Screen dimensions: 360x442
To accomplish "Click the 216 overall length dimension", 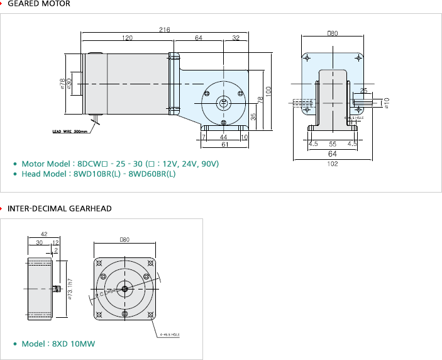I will tap(165, 30).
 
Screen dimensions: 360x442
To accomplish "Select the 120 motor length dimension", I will tap(128, 38).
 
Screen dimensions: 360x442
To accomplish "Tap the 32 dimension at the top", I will tap(236, 38).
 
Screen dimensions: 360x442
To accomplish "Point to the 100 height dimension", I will tap(268, 90).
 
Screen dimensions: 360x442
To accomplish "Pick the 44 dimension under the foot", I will tap(223, 137).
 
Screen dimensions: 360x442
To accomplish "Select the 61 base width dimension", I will tap(224, 145).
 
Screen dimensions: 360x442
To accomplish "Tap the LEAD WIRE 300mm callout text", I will tap(70, 132).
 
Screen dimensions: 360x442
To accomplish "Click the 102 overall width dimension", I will tap(333, 164).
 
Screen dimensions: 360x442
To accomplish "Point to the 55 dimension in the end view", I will tap(333, 143).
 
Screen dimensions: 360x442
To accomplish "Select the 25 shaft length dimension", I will tap(363, 91).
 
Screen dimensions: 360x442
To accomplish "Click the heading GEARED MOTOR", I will tap(39, 4).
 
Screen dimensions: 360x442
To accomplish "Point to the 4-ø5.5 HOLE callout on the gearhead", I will tap(170, 335).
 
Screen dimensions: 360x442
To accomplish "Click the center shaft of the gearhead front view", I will tap(124, 289).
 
